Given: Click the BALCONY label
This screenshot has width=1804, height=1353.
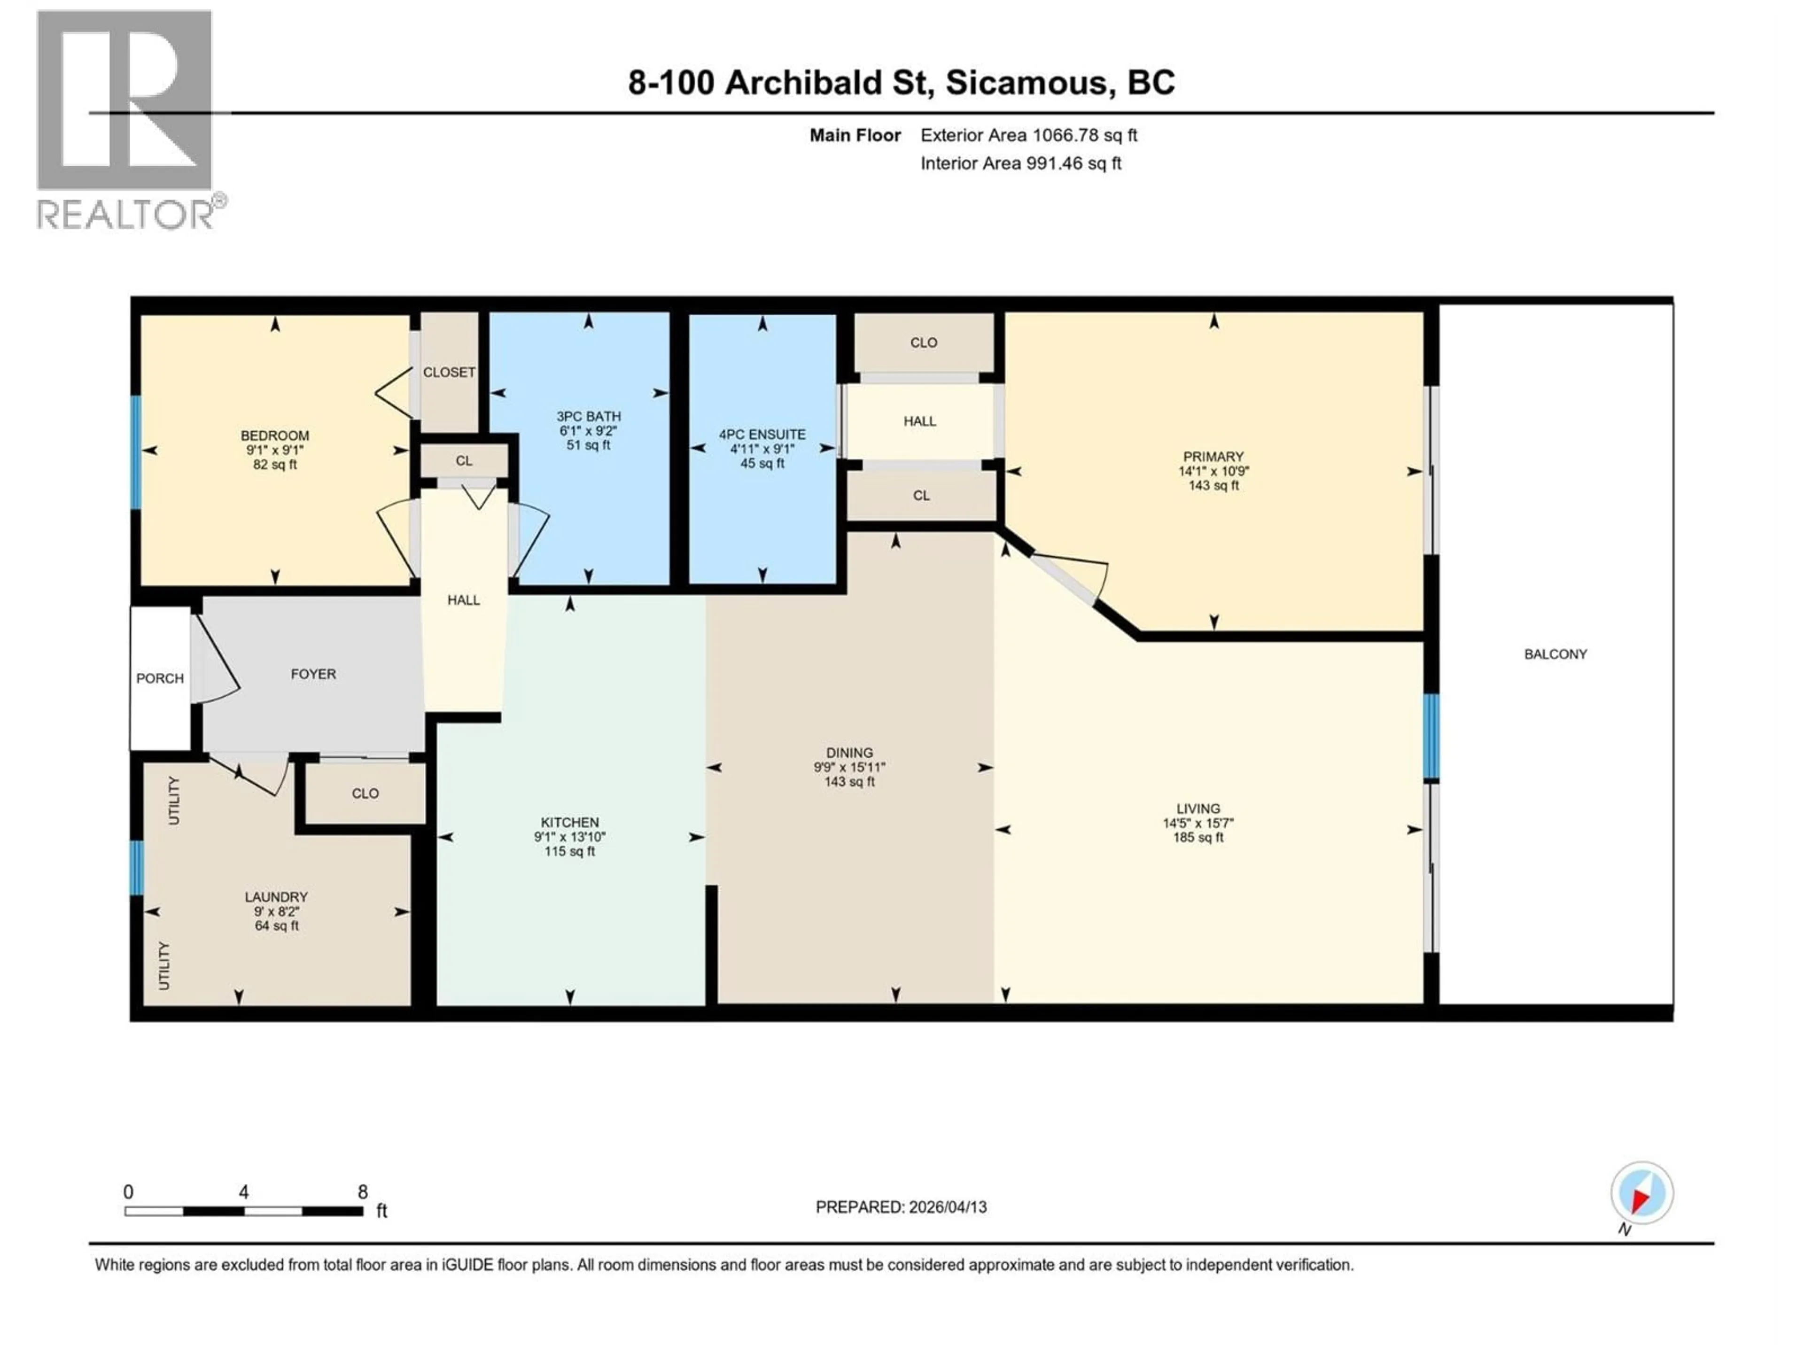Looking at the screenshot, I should [1555, 654].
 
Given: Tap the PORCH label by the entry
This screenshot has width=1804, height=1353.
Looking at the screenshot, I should [160, 678].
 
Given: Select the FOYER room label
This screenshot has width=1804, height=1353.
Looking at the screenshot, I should [313, 674].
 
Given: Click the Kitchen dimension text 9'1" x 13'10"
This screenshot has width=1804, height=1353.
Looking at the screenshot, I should [569, 837].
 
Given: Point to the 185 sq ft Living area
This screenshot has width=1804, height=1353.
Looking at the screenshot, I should [1198, 838].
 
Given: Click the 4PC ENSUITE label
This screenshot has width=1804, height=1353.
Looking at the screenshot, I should [762, 435].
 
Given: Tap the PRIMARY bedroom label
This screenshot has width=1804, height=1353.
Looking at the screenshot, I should [1213, 457].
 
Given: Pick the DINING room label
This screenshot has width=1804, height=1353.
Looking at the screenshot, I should [849, 753].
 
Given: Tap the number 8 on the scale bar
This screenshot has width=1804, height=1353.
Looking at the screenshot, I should [363, 1191].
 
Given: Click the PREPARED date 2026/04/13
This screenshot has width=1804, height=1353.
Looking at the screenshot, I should [944, 1207].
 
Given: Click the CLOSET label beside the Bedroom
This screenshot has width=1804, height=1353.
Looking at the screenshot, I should [449, 372].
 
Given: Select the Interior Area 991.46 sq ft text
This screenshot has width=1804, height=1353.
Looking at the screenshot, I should [1020, 163].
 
